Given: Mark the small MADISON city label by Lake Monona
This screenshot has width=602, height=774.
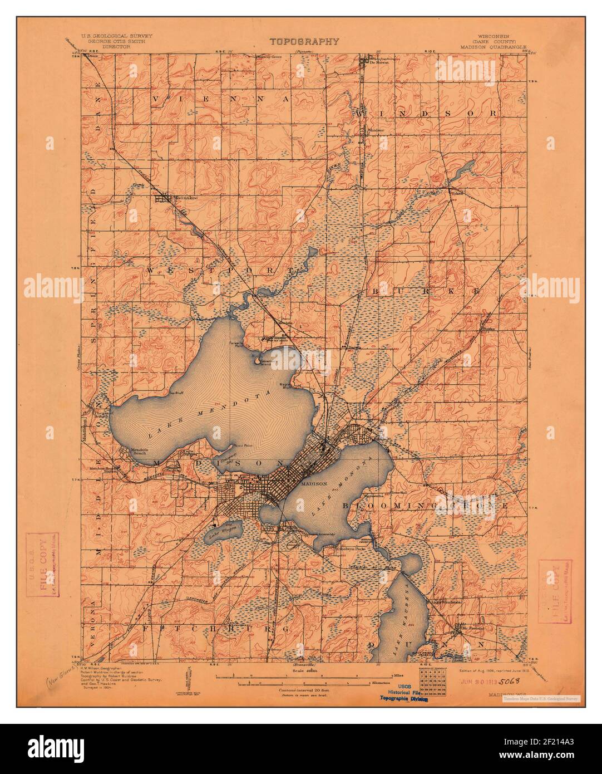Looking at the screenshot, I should [x=310, y=484].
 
